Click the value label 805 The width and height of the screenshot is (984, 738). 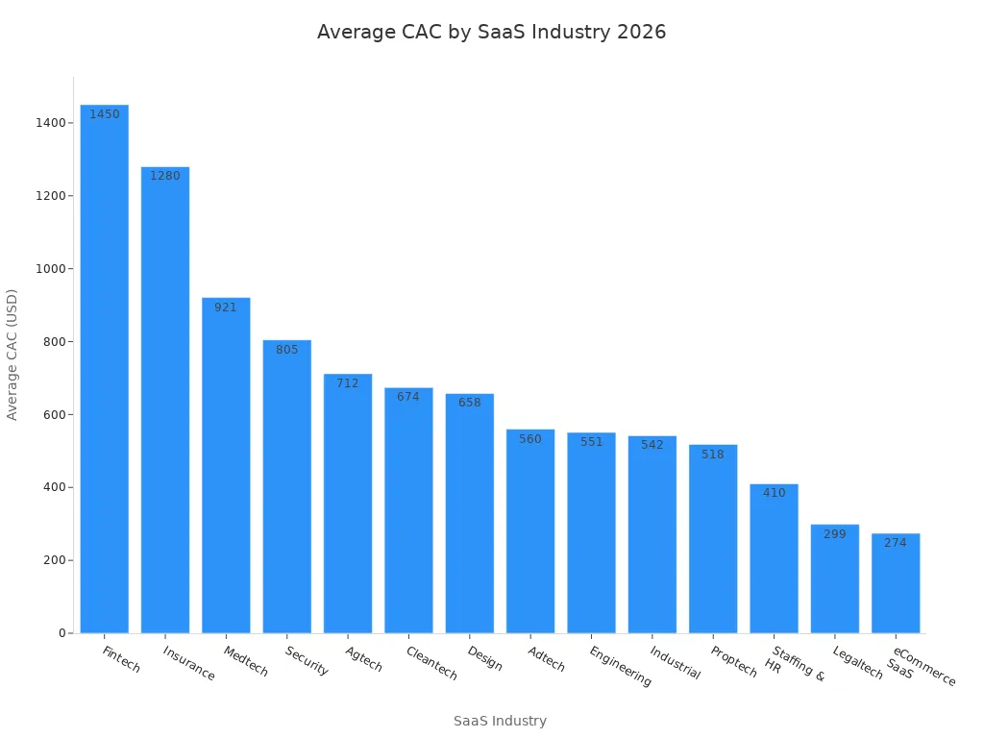tap(287, 350)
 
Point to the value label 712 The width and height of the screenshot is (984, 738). tap(348, 383)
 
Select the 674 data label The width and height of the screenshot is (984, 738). tap(408, 397)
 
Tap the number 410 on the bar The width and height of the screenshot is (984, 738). tap(775, 493)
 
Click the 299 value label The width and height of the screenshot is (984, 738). tap(835, 534)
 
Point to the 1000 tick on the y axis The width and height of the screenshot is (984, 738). tap(50, 269)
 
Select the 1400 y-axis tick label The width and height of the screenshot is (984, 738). tap(50, 123)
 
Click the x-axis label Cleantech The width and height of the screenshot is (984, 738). tap(431, 663)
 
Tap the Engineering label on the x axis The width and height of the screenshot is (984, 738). tap(620, 666)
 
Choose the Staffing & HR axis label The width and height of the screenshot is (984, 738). tap(793, 665)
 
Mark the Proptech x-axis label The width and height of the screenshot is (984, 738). tap(734, 661)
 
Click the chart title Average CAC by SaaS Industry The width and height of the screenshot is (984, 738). tap(491, 32)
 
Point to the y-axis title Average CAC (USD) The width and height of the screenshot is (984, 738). tap(12, 355)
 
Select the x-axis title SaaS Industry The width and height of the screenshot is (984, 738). tap(500, 721)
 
